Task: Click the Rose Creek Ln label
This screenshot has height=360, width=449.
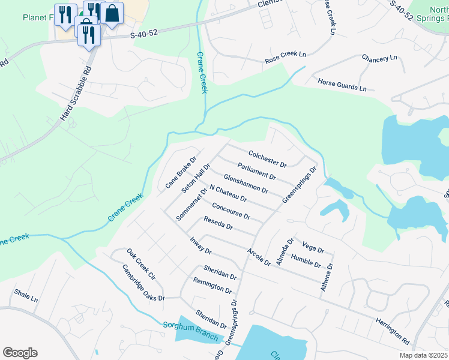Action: pyautogui.click(x=286, y=58)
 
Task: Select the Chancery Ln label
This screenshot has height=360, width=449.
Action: pyautogui.click(x=379, y=58)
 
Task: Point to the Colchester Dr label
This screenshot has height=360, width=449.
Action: pyautogui.click(x=267, y=158)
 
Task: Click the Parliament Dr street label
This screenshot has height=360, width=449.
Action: pyautogui.click(x=256, y=171)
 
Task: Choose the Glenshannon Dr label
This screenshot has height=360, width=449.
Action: pyautogui.click(x=245, y=184)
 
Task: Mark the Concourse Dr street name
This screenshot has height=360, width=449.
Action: pyautogui.click(x=231, y=211)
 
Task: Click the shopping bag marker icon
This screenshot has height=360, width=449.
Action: pyautogui.click(x=112, y=13)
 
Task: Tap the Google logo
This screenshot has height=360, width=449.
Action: pyautogui.click(x=20, y=353)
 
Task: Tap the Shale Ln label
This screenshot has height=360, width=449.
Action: pyautogui.click(x=26, y=295)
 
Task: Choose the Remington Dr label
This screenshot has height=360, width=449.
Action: pyautogui.click(x=212, y=285)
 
